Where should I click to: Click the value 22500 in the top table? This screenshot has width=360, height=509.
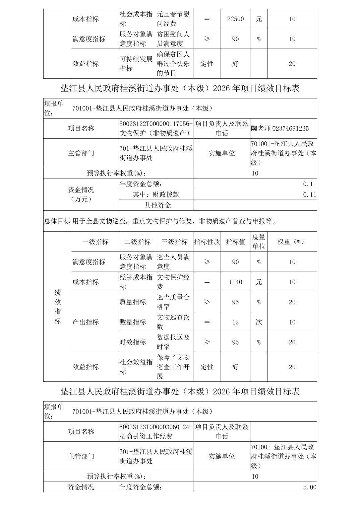(235, 19)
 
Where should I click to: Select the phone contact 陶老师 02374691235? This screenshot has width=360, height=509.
(280, 129)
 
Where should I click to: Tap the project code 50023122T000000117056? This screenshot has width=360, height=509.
(156, 124)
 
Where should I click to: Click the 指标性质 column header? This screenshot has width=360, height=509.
(207, 242)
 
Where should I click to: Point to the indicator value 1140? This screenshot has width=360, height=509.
(235, 282)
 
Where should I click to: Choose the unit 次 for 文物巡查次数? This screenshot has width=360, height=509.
(259, 322)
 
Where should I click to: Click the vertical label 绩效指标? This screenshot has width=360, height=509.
(58, 306)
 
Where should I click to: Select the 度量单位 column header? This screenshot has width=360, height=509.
(259, 242)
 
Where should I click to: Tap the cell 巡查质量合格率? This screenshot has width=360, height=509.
(173, 302)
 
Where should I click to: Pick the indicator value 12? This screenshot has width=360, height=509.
(235, 322)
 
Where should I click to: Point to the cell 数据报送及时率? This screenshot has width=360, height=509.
(173, 342)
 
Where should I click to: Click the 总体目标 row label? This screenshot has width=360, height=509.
(57, 221)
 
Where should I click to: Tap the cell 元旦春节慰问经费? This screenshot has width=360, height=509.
(173, 19)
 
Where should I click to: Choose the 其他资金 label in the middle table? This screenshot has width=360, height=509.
(158, 205)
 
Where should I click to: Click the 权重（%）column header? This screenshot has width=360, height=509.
(292, 242)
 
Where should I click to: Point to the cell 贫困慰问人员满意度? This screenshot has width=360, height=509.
(173, 39)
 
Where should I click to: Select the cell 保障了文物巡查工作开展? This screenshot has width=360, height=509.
(173, 367)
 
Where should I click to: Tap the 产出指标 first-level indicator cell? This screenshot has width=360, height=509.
(86, 322)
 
